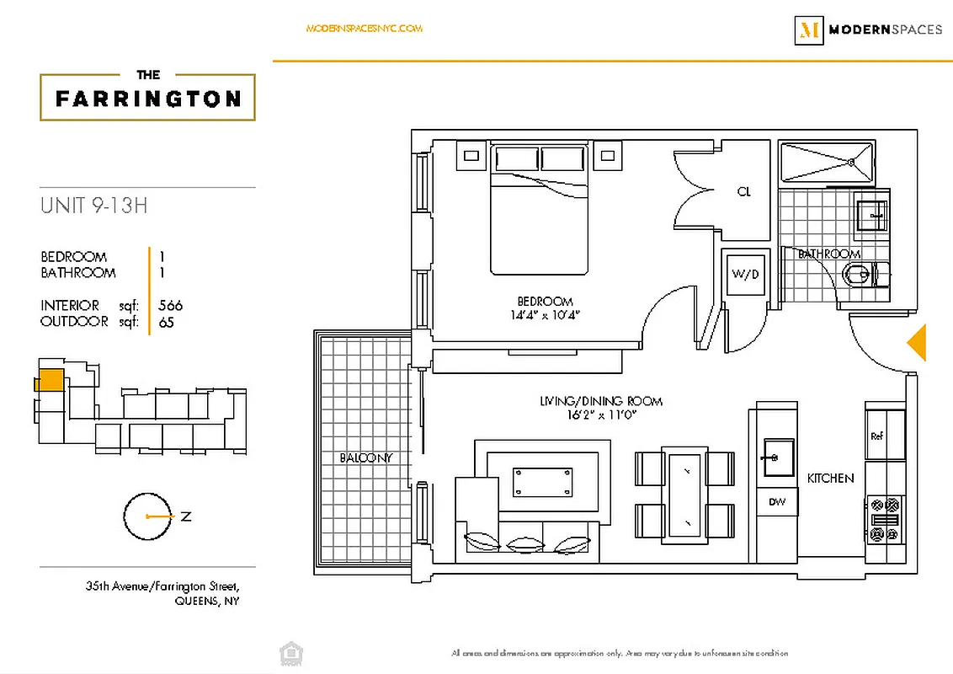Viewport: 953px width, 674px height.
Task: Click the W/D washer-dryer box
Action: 745,273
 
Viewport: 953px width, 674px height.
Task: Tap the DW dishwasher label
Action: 777,502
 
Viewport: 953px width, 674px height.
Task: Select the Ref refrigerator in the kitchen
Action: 883,435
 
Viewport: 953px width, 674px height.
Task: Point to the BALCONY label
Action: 366,457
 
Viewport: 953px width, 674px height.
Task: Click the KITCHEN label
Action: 830,478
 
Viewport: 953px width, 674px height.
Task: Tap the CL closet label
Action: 743,192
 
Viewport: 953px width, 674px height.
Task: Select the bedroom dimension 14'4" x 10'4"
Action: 546,314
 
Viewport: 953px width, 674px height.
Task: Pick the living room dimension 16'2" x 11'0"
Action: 601,415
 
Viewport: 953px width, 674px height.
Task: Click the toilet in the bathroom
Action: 862,275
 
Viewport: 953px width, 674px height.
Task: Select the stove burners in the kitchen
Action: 883,519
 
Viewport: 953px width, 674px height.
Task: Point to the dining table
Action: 684,493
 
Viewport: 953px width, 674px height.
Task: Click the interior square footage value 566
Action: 170,305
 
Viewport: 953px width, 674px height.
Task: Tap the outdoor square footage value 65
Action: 166,322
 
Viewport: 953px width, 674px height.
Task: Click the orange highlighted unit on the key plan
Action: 51,380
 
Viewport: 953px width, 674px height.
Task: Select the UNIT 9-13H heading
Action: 93,205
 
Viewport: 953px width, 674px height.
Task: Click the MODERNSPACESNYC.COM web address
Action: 364,29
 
